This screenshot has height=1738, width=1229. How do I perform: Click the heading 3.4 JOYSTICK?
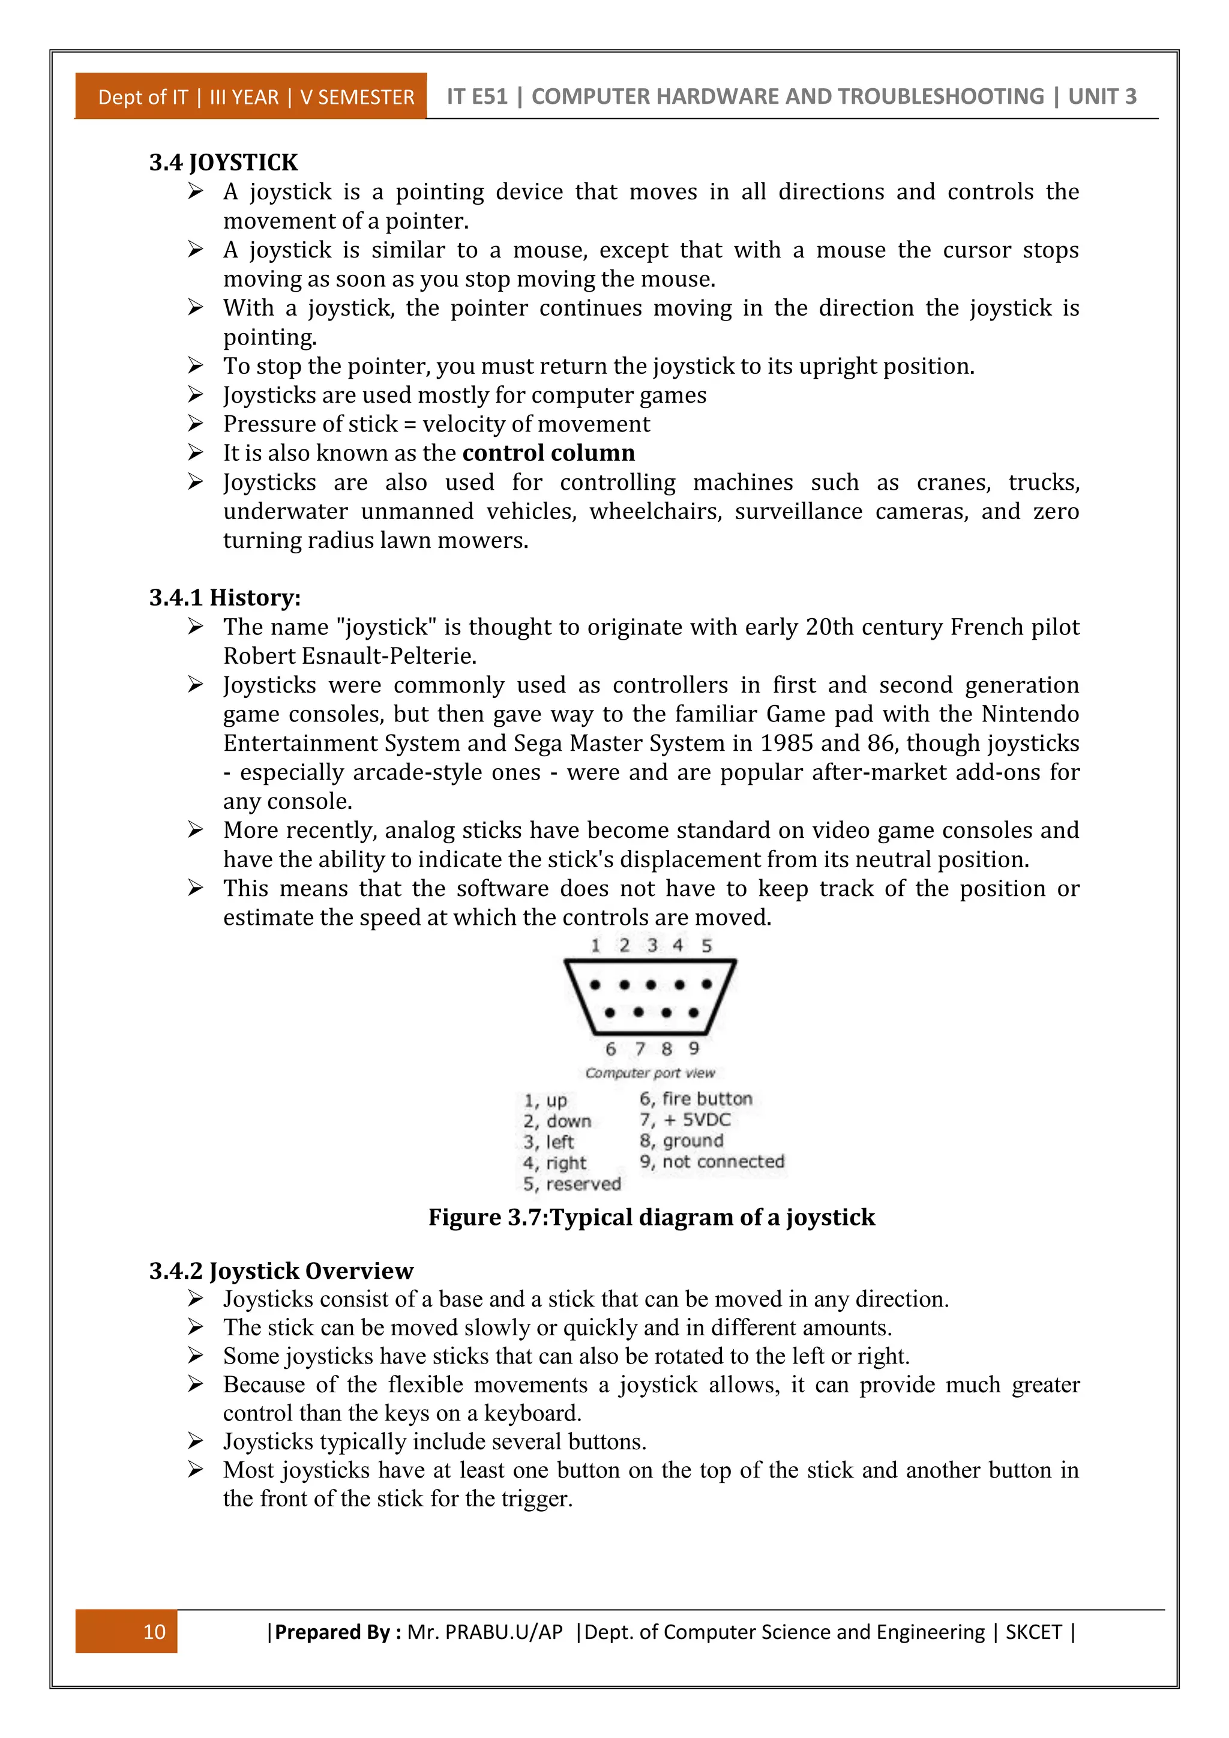pyautogui.click(x=223, y=162)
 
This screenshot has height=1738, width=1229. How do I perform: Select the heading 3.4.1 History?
pyautogui.click(x=225, y=597)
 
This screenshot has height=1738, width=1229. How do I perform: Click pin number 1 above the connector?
pyautogui.click(x=595, y=945)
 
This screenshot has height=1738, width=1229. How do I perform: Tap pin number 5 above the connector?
pyautogui.click(x=706, y=945)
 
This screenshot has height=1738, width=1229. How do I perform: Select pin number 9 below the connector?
pyautogui.click(x=693, y=1048)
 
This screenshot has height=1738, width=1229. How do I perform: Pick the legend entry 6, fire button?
pyautogui.click(x=696, y=1098)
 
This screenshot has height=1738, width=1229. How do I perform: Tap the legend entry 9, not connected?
pyautogui.click(x=711, y=1161)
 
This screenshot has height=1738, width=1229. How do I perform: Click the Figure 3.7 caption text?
pyautogui.click(x=651, y=1217)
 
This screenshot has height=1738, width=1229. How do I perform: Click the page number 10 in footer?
pyautogui.click(x=154, y=1631)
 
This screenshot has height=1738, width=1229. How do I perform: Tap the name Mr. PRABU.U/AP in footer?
pyautogui.click(x=484, y=1631)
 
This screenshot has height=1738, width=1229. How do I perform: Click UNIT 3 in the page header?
pyautogui.click(x=1102, y=96)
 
